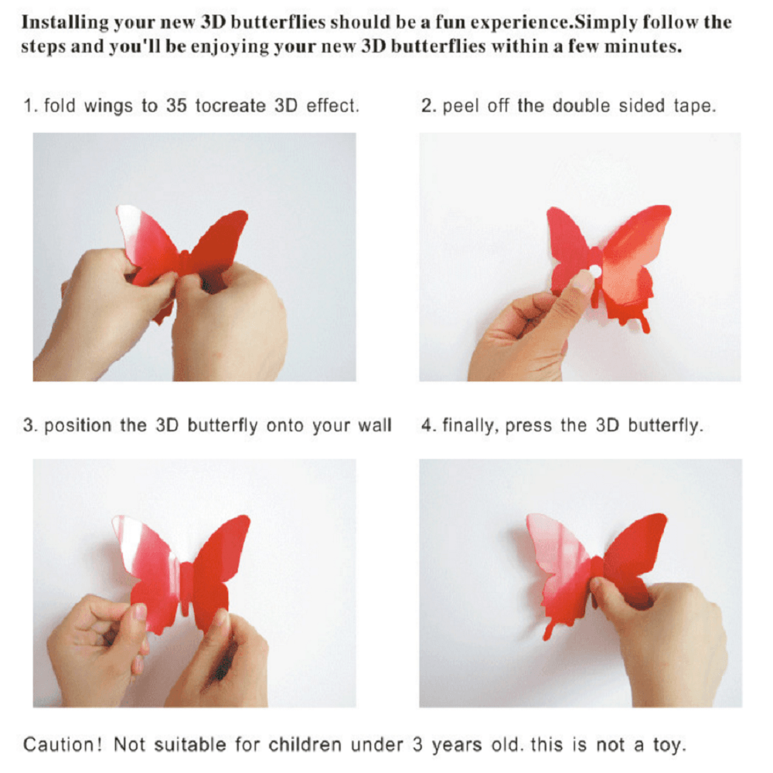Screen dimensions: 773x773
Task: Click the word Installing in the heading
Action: (65, 22)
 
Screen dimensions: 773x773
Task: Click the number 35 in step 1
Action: (176, 105)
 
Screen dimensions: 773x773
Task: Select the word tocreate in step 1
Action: (230, 105)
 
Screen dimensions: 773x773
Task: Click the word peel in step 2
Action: (461, 106)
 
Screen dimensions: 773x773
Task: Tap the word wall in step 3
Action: (374, 425)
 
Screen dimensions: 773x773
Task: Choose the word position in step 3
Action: (78, 425)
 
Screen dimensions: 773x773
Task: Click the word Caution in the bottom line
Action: (63, 744)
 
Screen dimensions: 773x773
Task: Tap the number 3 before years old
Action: (417, 744)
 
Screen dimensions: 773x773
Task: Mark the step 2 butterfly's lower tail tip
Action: (646, 329)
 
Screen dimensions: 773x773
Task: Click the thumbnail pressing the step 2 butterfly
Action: (582, 282)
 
